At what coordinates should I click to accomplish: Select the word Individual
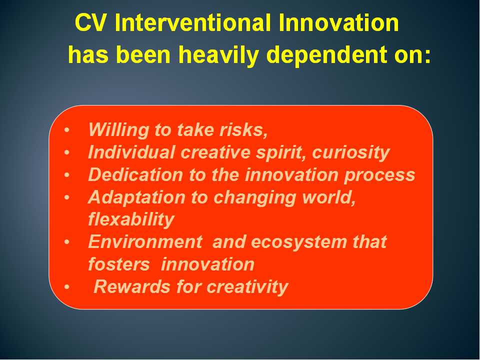coord(131,152)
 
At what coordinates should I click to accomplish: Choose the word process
coord(379,175)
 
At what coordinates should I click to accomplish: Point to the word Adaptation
coord(136,197)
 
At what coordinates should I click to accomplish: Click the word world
coord(329,197)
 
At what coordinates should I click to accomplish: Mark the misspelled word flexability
coord(131,220)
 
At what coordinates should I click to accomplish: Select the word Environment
coord(145,242)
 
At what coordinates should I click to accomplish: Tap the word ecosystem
coord(299,242)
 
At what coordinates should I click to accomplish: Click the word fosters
coord(119,264)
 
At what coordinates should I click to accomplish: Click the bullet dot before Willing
coord(67,130)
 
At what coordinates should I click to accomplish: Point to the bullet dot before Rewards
coord(67,287)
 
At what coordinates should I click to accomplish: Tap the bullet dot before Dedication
coord(67,175)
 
